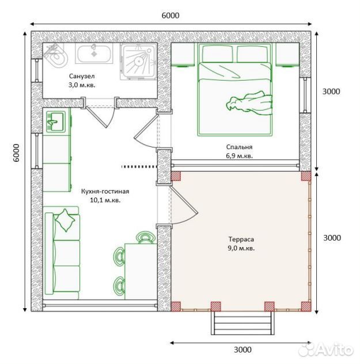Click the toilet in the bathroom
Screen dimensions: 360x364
pyautogui.click(x=56, y=55)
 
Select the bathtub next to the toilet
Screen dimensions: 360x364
pyautogui.click(x=94, y=54)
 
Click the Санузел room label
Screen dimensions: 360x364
pyautogui.click(x=82, y=76)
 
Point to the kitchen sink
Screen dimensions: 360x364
pyautogui.click(x=56, y=121)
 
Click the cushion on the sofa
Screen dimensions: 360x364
pyautogui.click(x=65, y=220)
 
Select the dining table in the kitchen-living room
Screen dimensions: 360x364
pyautogui.click(x=141, y=271)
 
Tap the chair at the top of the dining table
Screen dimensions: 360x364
pyautogui.click(x=146, y=237)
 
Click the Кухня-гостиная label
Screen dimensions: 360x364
pyautogui.click(x=105, y=192)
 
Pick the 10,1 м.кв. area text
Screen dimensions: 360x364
pyautogui.click(x=105, y=200)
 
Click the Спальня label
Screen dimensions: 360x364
pyautogui.click(x=239, y=147)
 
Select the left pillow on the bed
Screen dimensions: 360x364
pyautogui.click(x=218, y=54)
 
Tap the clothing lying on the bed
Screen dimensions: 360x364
pyautogui.click(x=249, y=103)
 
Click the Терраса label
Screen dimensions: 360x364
pyautogui.click(x=241, y=239)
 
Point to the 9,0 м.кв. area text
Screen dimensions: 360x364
pyautogui.click(x=241, y=248)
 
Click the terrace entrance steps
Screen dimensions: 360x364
pyautogui.click(x=243, y=323)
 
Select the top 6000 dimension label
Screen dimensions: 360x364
pyautogui.click(x=170, y=16)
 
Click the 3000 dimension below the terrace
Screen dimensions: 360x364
pyautogui.click(x=242, y=350)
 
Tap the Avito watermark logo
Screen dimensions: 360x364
pyautogui.click(x=325, y=349)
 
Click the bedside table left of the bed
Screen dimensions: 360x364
pyautogui.click(x=183, y=54)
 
